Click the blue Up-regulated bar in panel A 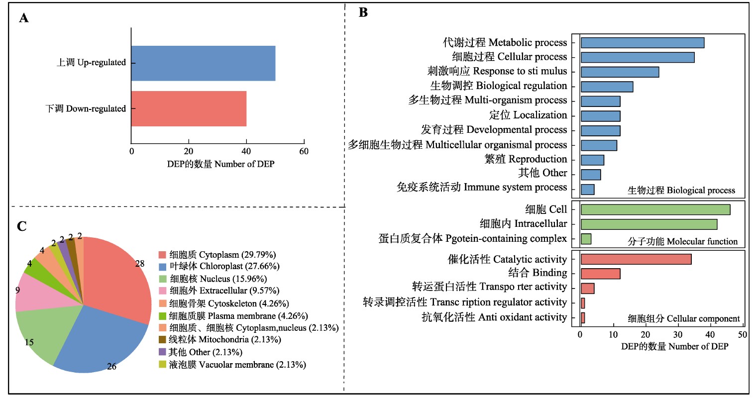point(203,63)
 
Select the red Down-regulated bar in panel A point(189,108)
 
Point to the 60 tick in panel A point(304,151)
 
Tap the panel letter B point(363,13)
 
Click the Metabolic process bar point(642,43)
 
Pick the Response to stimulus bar point(620,72)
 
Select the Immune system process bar point(587,190)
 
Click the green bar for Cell point(655,209)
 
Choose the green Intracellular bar point(648,224)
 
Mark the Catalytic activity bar point(636,259)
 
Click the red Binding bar point(600,274)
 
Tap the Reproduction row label point(526,159)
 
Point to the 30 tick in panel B point(678,335)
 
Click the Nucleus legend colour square point(162,279)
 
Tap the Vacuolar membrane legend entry point(237,365)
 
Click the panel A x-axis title point(220,164)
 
